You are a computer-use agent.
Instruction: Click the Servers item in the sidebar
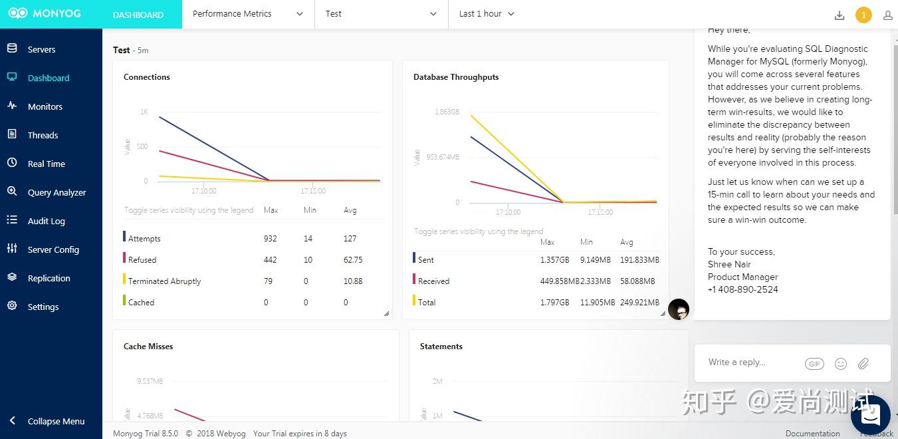pyautogui.click(x=41, y=49)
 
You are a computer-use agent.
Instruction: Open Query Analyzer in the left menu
pyautogui.click(x=56, y=192)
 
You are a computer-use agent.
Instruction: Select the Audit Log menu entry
pyautogui.click(x=46, y=221)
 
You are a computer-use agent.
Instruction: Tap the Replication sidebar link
pyautogui.click(x=49, y=278)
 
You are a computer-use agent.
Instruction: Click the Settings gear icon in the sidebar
pyautogui.click(x=12, y=306)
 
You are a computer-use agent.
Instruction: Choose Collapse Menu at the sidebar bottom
pyautogui.click(x=56, y=421)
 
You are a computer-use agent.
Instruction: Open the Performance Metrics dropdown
pyautogui.click(x=247, y=14)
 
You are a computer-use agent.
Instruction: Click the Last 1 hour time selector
pyautogui.click(x=487, y=14)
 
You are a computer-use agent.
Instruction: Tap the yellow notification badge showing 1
pyautogui.click(x=863, y=15)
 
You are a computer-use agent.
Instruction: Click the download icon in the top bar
pyautogui.click(x=840, y=15)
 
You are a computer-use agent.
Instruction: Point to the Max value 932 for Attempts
pyautogui.click(x=270, y=239)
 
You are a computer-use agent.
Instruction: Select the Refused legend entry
pyautogui.click(x=142, y=260)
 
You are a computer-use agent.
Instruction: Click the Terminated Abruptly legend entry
pyautogui.click(x=164, y=281)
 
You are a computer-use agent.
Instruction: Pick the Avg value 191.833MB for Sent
pyautogui.click(x=639, y=260)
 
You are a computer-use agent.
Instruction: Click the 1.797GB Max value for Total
pyautogui.click(x=554, y=303)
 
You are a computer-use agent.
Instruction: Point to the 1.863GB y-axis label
pyautogui.click(x=447, y=112)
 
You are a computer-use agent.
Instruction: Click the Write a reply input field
pyautogui.click(x=751, y=363)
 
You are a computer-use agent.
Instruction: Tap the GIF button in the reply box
pyautogui.click(x=814, y=364)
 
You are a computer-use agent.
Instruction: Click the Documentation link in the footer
pyautogui.click(x=812, y=434)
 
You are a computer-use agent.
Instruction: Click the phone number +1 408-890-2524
pyautogui.click(x=742, y=289)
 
